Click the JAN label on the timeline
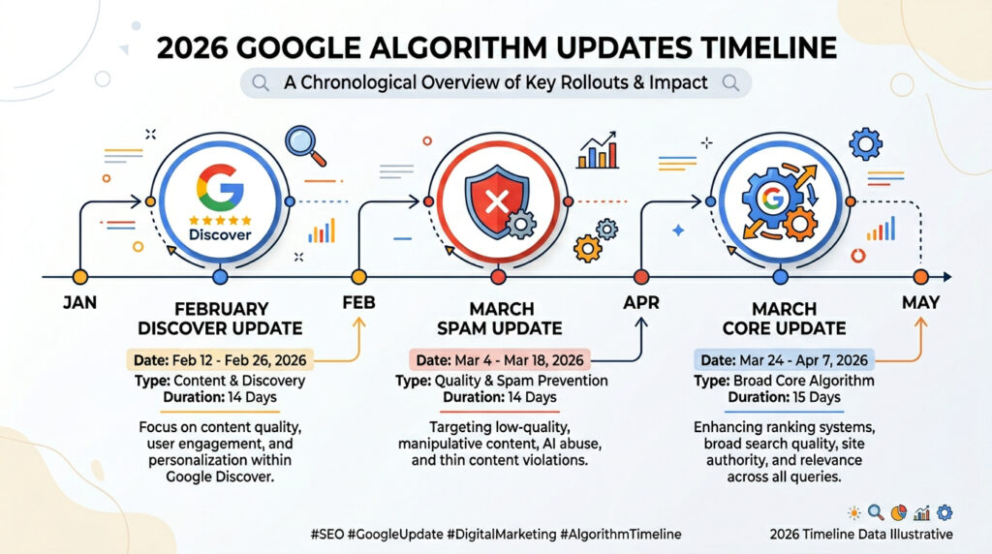[79, 303]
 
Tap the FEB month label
[359, 303]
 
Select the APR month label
[639, 303]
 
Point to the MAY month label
[920, 303]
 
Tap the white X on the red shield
[497, 203]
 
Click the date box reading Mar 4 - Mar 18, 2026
[500, 360]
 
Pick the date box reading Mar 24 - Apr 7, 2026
[784, 360]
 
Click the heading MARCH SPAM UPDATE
[500, 319]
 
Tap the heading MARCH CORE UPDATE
[784, 319]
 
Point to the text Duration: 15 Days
[784, 398]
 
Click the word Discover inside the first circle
[219, 234]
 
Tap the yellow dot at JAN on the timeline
[79, 277]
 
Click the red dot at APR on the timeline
[639, 277]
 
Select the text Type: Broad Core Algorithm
[784, 381]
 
